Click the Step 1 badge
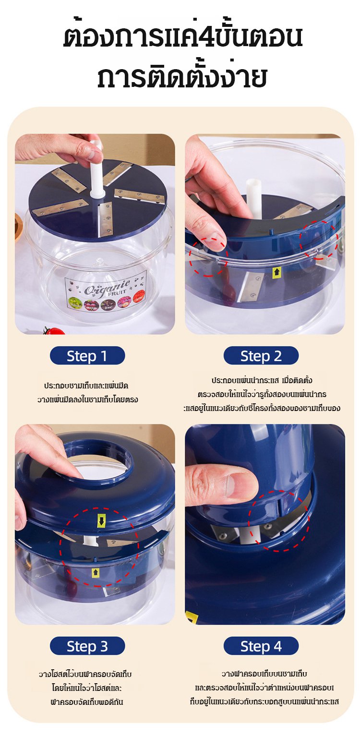(x=87, y=356)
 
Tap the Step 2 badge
(x=261, y=356)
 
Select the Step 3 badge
(x=87, y=646)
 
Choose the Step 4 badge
(x=261, y=646)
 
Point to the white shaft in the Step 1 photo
(x=96, y=169)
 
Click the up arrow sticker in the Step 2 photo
(x=276, y=273)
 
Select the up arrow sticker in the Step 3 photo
(x=95, y=573)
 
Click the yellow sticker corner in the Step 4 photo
(x=192, y=617)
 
